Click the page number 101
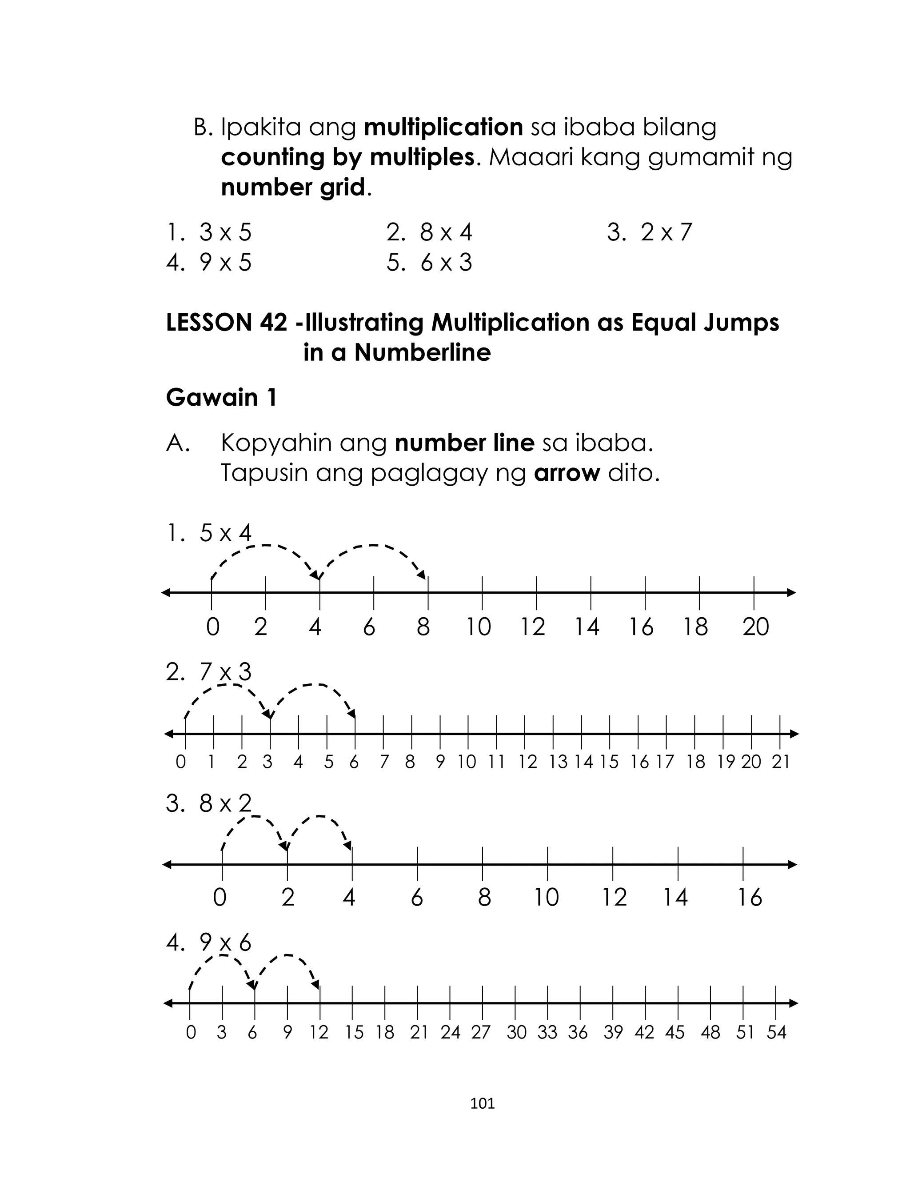(482, 1104)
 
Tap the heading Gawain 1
(221, 398)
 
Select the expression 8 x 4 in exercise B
(445, 232)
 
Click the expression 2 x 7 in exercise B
(666, 232)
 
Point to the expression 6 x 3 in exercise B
(446, 263)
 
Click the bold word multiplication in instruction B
(443, 127)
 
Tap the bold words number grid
(293, 188)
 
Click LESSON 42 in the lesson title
(227, 323)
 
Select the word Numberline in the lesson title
(423, 352)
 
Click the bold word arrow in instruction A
(567, 473)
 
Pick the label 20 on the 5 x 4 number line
(756, 627)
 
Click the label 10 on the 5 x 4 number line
(478, 627)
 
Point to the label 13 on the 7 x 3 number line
(558, 762)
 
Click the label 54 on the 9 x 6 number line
(776, 1032)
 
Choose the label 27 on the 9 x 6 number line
(480, 1032)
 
